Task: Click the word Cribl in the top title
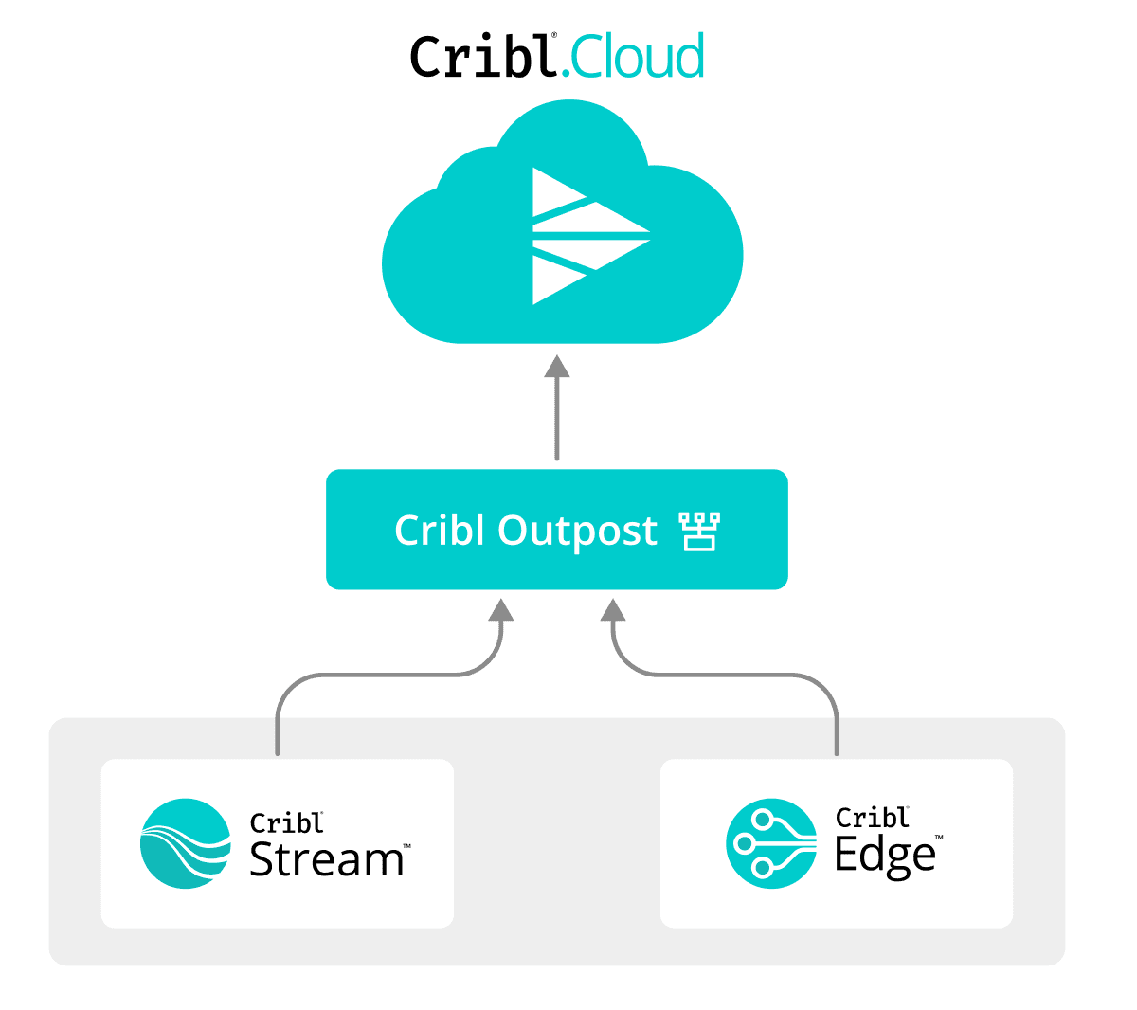coord(481,57)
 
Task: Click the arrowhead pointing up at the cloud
coord(557,368)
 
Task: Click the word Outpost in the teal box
coord(578,531)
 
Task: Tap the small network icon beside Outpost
coord(700,532)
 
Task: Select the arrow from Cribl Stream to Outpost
coord(379,675)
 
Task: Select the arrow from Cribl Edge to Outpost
coord(730,675)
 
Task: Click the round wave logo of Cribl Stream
coord(186,843)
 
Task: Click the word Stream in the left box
coord(326,859)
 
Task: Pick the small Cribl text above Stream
coord(285,822)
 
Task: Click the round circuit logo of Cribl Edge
coord(771,843)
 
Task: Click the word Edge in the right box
coord(885,856)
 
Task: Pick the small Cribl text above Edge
coord(871,817)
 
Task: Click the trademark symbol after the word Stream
coord(406,845)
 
